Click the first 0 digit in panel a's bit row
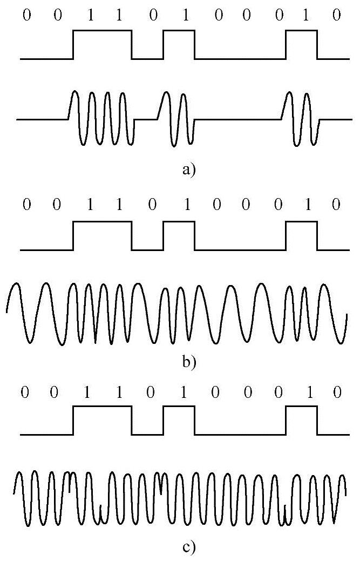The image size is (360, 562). point(26,15)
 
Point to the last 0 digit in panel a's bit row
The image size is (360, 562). point(336,15)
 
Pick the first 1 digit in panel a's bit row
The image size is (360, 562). point(90,15)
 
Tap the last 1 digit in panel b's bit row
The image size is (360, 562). point(306,205)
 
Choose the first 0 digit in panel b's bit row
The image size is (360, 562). point(26,205)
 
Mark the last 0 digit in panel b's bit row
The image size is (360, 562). point(336,205)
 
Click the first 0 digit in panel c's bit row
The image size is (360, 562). point(24,392)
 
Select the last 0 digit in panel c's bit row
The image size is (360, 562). point(337,392)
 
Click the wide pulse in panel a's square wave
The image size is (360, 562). point(103,44)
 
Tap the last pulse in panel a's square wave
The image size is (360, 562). point(302,44)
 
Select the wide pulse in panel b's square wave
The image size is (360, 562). point(103,235)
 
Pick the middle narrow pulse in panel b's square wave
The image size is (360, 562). point(179,235)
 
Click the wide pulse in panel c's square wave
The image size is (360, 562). point(103,421)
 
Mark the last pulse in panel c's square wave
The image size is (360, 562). point(302,421)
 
